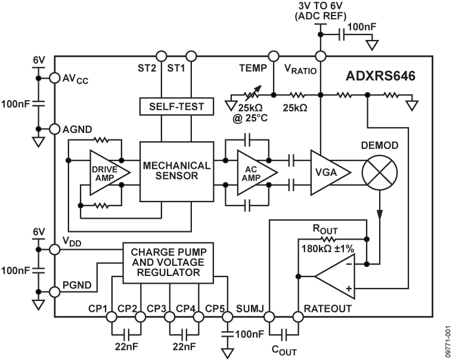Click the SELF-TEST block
point(176,107)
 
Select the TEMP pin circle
point(273,57)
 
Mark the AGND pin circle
point(54,129)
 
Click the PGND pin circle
point(54,291)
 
